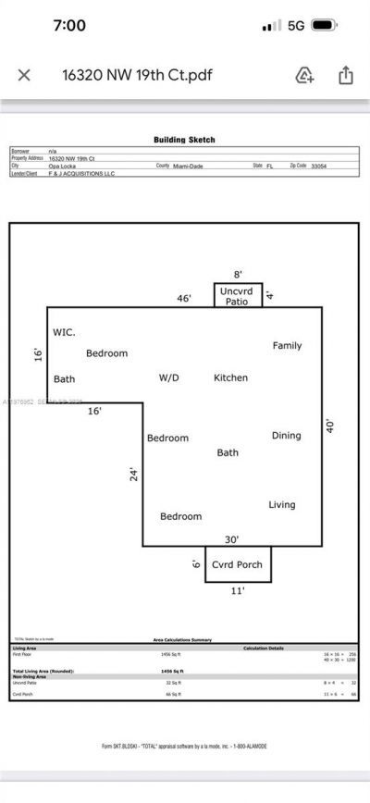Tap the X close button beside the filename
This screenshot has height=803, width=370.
tap(24, 75)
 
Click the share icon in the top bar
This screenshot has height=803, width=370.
tap(345, 75)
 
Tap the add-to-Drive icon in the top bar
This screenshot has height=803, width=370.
tap(305, 75)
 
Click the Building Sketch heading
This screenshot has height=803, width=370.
tap(184, 140)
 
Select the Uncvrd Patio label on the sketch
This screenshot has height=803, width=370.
tap(238, 295)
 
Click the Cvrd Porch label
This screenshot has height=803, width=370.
tap(237, 564)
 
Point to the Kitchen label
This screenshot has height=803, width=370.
tap(230, 377)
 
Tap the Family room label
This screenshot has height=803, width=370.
tap(287, 345)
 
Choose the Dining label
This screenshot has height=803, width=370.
tap(286, 435)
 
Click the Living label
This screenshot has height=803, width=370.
tap(282, 504)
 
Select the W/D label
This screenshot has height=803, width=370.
tap(169, 377)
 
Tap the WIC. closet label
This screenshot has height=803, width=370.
tap(65, 331)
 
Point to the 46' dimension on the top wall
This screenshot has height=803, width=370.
tap(184, 299)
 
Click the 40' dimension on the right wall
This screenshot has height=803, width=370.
tap(330, 426)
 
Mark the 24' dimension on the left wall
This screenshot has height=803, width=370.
tap(134, 474)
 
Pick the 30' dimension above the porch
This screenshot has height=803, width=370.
tap(231, 538)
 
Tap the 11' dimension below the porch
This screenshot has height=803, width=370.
tap(237, 590)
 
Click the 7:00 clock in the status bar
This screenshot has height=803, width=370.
tap(69, 26)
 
